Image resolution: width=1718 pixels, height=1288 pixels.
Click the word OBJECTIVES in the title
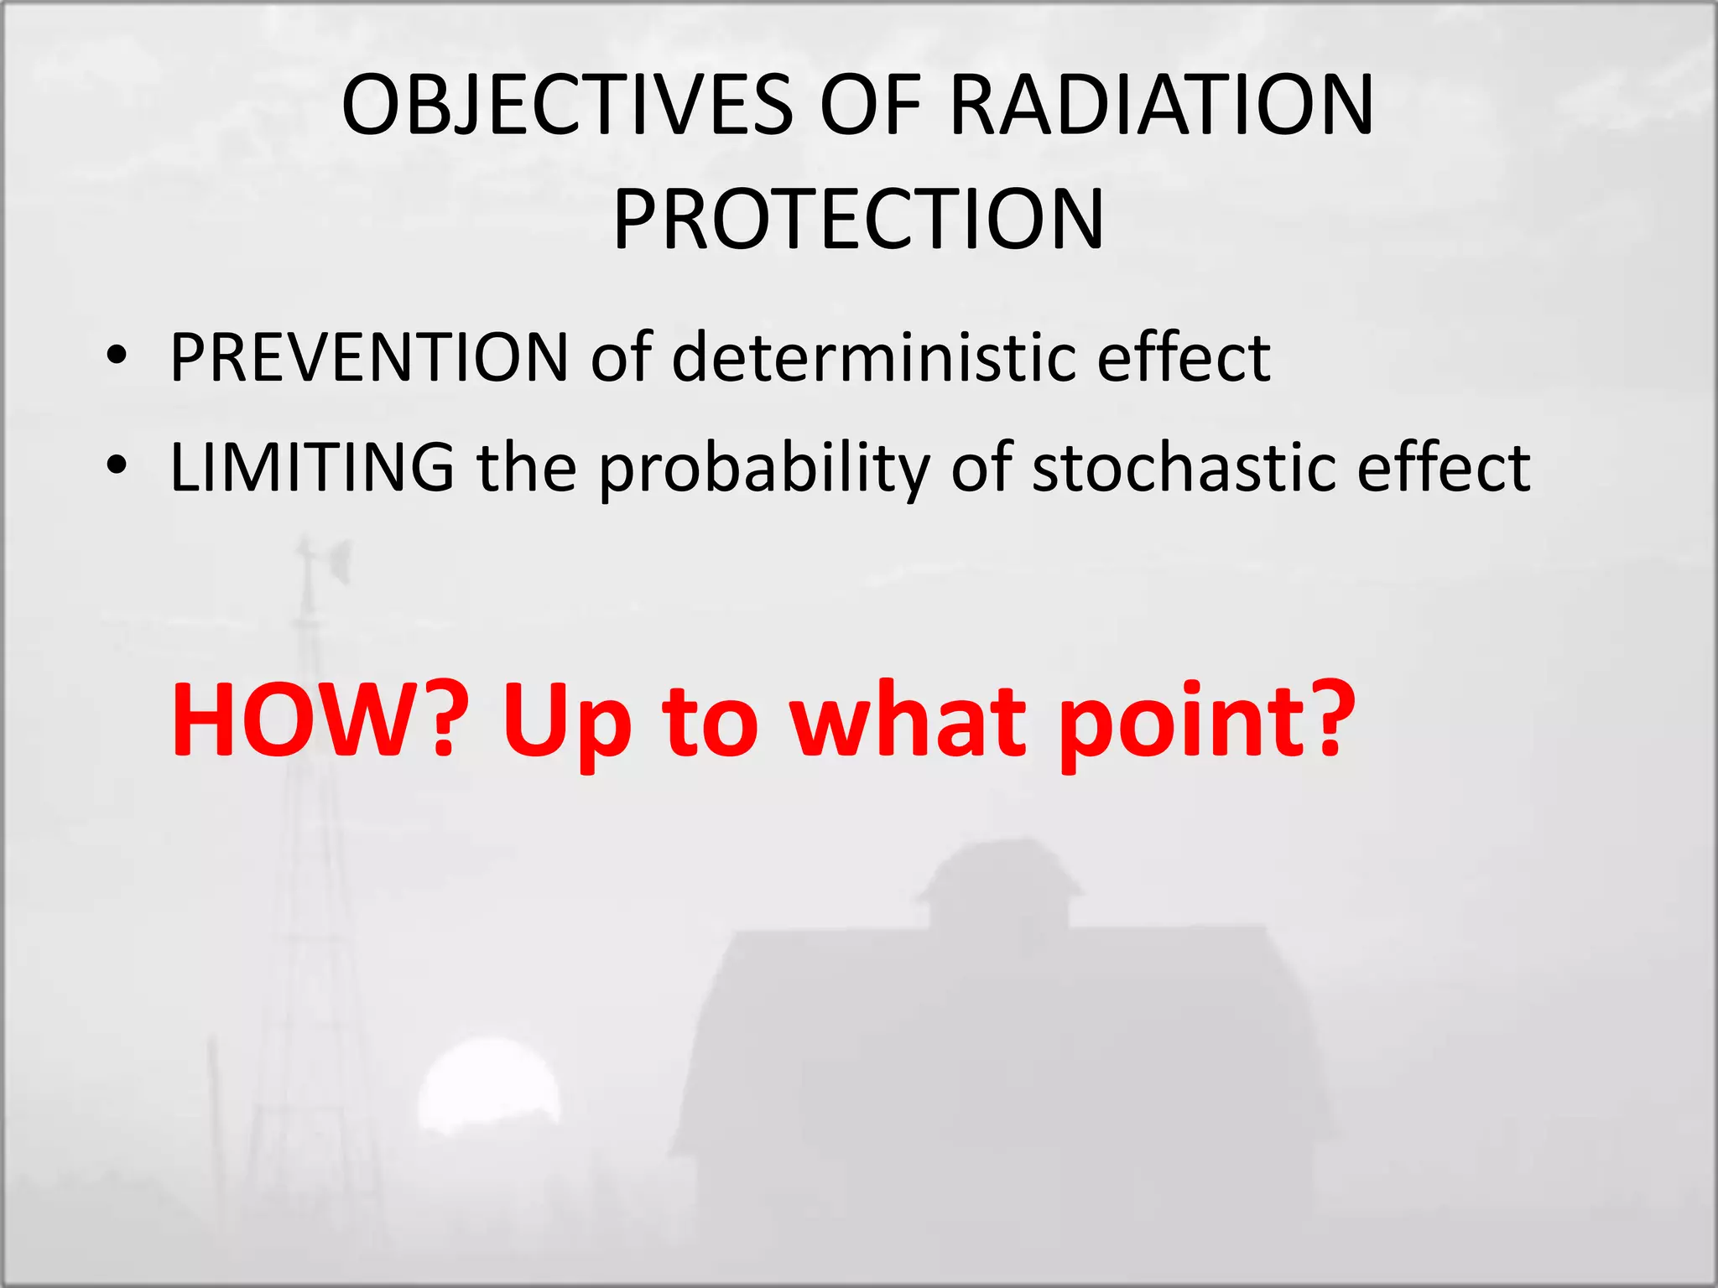pos(567,106)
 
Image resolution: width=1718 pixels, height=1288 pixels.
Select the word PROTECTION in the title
pos(858,221)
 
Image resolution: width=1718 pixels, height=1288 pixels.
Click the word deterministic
pos(873,358)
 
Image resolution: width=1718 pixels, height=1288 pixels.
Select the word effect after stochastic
pos(1443,467)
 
